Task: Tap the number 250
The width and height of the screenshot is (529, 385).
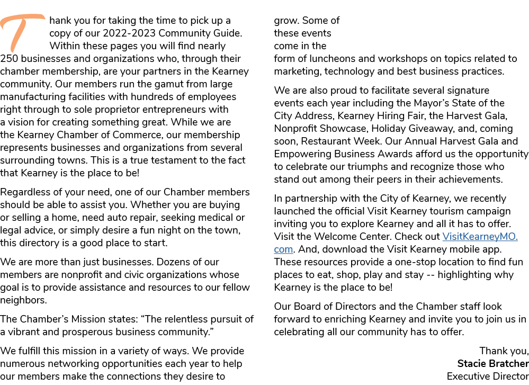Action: tap(9, 58)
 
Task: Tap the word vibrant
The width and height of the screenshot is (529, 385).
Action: tap(23, 332)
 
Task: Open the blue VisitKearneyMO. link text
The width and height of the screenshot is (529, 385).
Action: tap(480, 236)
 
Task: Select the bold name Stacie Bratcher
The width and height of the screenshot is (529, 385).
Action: tap(493, 363)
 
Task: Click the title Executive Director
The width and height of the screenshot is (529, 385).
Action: tap(488, 376)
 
